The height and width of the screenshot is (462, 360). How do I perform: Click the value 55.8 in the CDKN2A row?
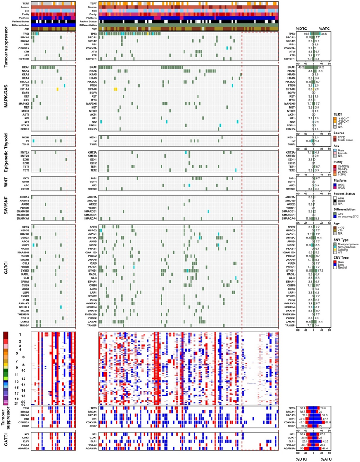(x=326, y=422)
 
